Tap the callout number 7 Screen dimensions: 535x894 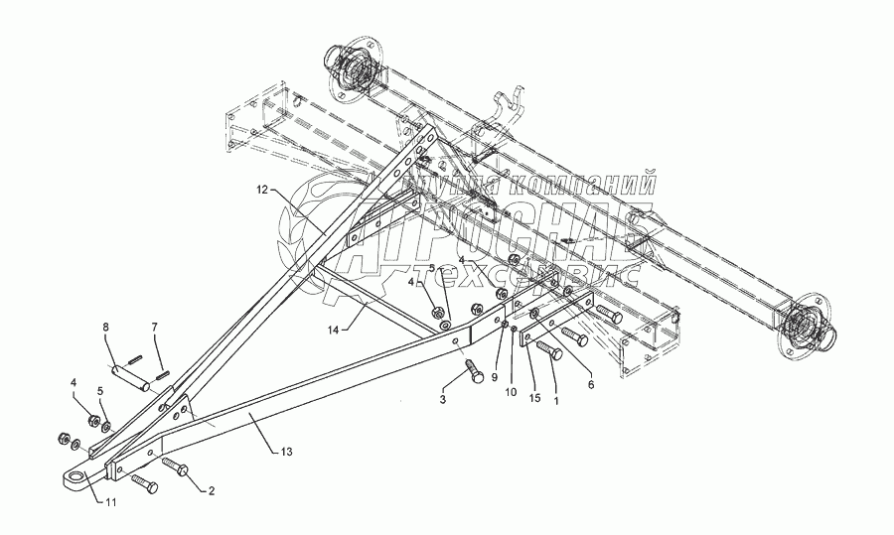(154, 327)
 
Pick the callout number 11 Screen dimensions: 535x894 (111, 501)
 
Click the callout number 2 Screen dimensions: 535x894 (210, 490)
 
